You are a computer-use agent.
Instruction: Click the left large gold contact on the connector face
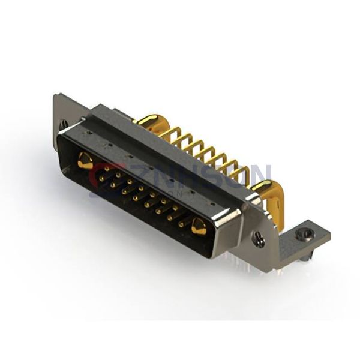coord(85,160)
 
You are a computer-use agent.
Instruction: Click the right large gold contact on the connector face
coord(199,227)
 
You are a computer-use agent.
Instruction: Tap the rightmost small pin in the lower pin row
coord(181,224)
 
